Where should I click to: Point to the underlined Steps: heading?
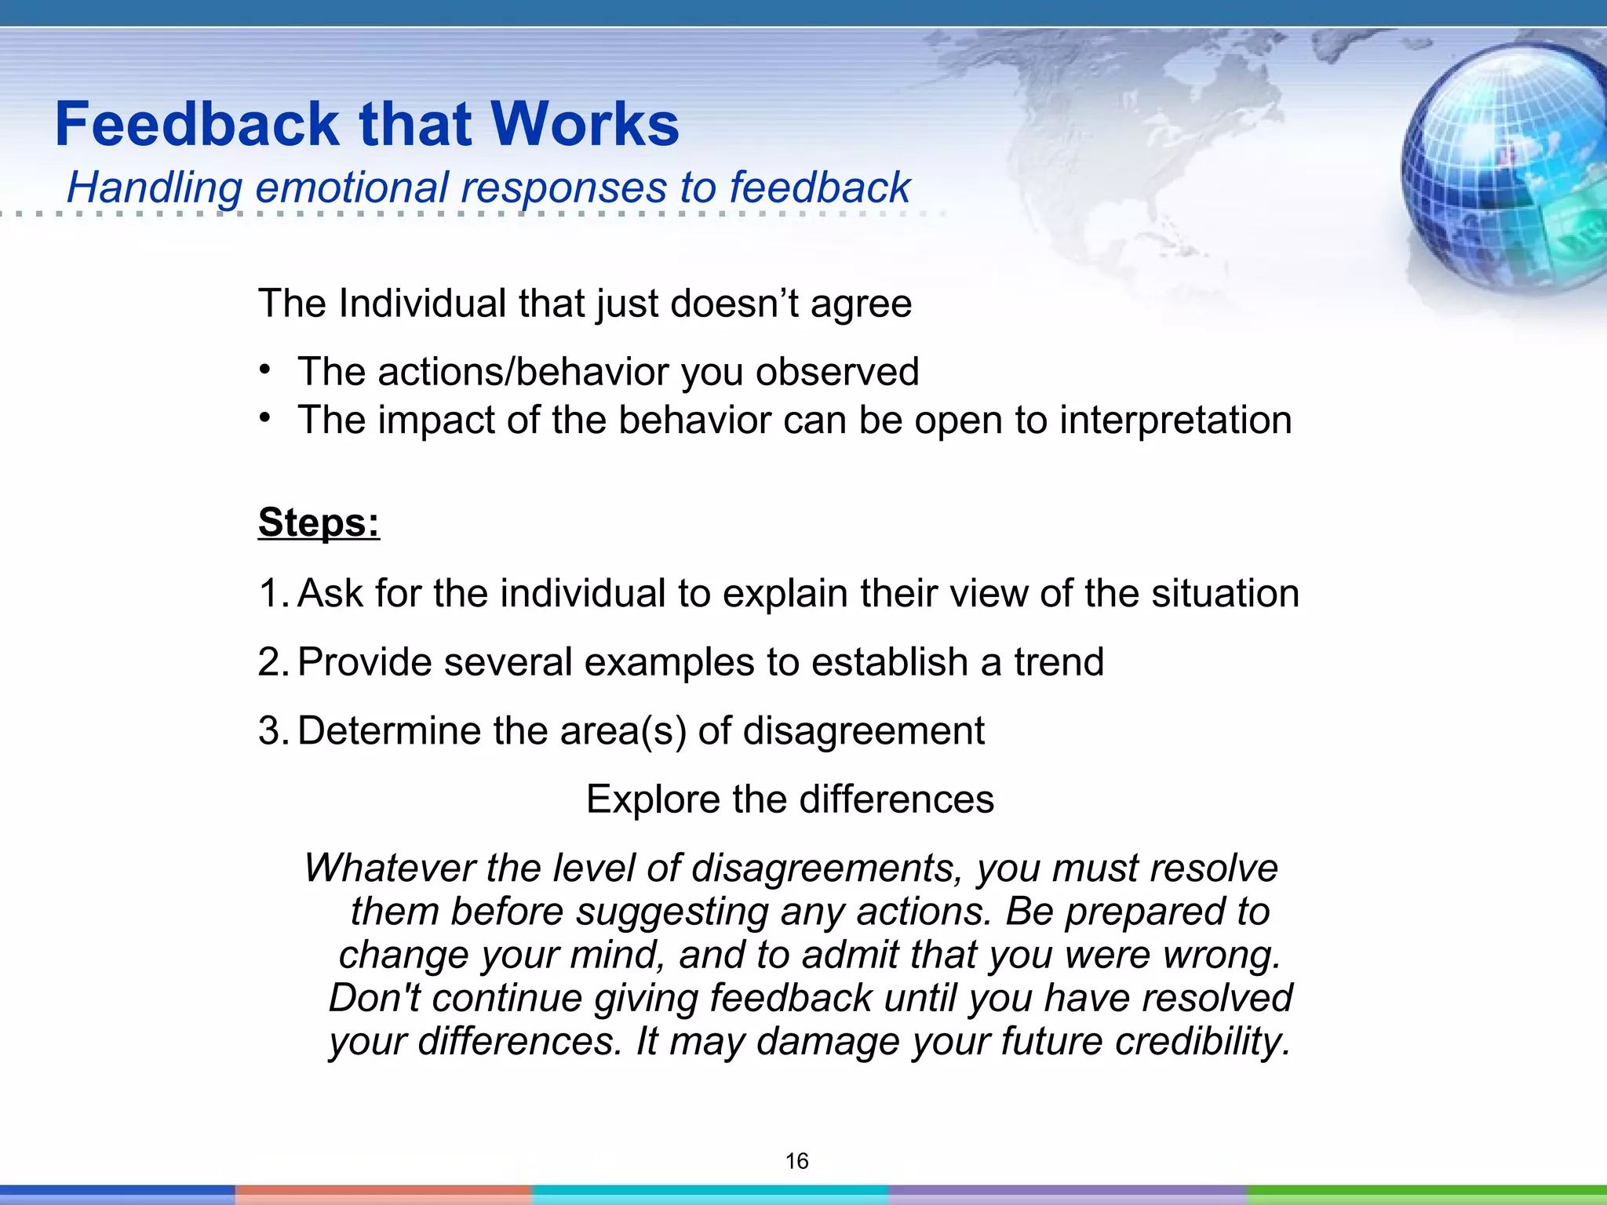[319, 522]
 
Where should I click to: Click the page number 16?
[796, 1161]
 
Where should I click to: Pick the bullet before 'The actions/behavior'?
[266, 370]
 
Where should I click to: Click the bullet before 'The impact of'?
[266, 417]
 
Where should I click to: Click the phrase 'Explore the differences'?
[790, 799]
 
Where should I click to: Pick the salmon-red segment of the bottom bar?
[383, 1194]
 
